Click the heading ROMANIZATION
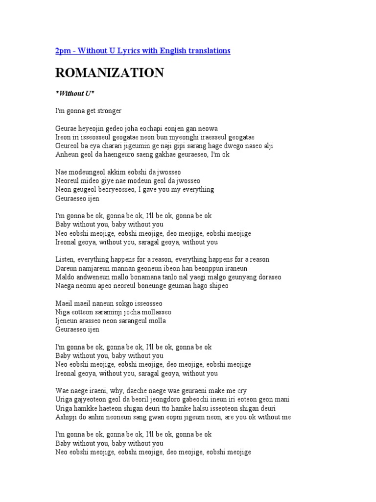coord(110,73)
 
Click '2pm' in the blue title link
coord(63,50)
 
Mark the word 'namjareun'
coord(94,268)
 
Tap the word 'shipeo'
coord(218,286)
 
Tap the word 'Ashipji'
coord(67,417)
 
